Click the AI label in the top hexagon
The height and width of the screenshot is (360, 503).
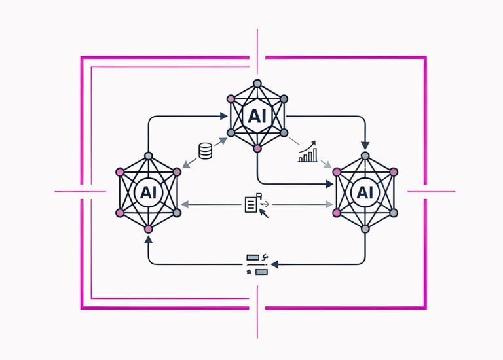point(257,116)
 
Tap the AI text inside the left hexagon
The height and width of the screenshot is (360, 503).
point(148,192)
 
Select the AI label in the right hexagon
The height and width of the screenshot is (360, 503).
point(365,192)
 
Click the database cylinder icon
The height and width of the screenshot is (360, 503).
point(205,152)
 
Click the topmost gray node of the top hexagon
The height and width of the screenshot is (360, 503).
point(257,83)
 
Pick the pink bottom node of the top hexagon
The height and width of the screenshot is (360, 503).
point(257,149)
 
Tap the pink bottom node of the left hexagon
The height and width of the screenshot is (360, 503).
point(148,228)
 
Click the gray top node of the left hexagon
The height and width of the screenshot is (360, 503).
point(148,156)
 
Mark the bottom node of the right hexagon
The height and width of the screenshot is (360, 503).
point(365,228)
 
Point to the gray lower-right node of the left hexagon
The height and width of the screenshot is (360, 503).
point(177,213)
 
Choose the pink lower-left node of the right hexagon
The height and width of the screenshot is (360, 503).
point(337,213)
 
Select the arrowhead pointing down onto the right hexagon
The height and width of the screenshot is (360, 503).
point(365,145)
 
